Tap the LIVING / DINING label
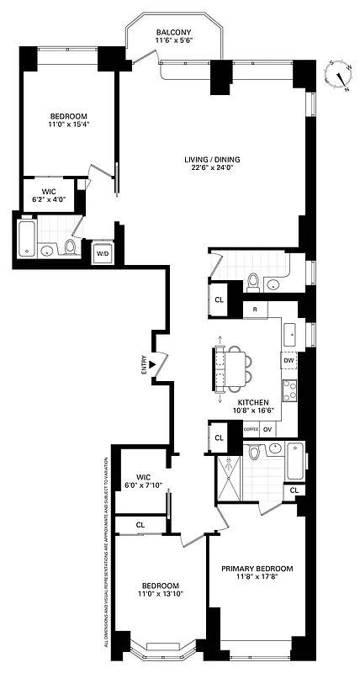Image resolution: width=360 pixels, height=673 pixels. click(209, 159)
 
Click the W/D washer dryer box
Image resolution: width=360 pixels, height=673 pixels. click(103, 253)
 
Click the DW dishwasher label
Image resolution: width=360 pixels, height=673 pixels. click(289, 361)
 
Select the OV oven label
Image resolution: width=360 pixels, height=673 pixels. click(268, 429)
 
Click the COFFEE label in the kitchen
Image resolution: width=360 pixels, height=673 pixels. click(251, 429)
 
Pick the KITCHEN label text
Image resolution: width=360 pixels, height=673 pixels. click(252, 402)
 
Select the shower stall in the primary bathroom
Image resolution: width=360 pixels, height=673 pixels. click(228, 477)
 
